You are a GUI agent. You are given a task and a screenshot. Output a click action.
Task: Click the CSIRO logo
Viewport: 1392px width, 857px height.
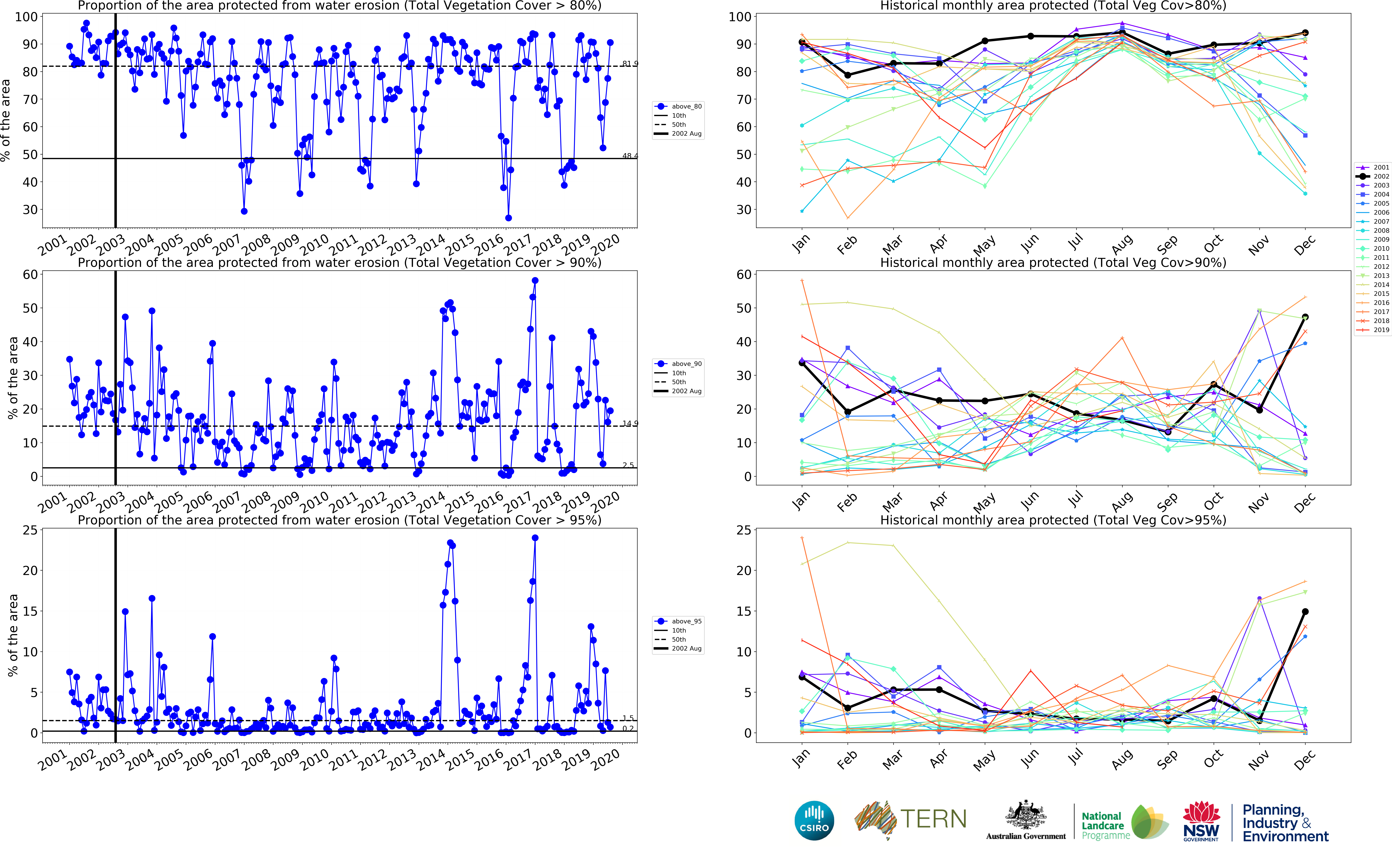(x=814, y=820)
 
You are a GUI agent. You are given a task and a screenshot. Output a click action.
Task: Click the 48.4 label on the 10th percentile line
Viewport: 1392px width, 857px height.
(x=629, y=156)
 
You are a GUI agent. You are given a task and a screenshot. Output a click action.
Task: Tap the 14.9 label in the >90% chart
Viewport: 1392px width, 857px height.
(x=629, y=423)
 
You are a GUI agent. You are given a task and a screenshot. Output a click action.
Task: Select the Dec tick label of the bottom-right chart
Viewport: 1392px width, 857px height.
(x=1304, y=759)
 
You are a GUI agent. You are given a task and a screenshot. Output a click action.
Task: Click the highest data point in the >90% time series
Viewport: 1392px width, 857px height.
(x=535, y=281)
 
